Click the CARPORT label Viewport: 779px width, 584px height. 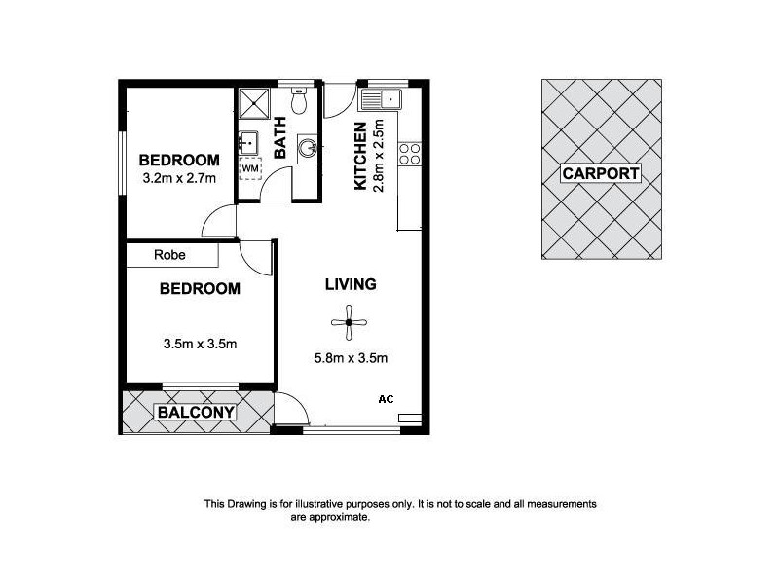click(601, 174)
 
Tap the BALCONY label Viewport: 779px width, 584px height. click(197, 412)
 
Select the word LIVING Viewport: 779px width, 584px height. click(351, 284)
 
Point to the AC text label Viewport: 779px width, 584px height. click(385, 398)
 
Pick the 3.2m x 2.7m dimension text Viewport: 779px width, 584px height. click(178, 178)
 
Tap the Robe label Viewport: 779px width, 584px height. click(169, 256)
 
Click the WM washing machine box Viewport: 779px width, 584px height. click(250, 168)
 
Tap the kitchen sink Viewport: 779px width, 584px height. click(381, 98)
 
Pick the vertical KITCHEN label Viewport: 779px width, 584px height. click(360, 156)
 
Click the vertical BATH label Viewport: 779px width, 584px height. click(280, 137)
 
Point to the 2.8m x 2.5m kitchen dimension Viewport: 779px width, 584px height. click(380, 156)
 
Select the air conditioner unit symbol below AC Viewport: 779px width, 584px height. click(410, 418)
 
